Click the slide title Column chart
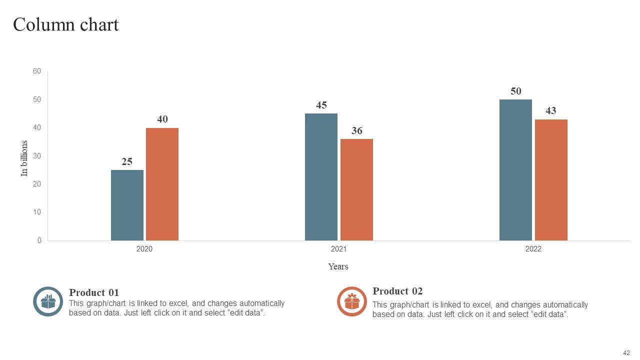tap(65, 24)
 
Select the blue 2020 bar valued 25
tap(127, 205)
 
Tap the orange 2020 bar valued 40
tap(162, 184)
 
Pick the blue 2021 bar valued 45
tap(321, 177)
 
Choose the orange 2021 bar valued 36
tap(356, 189)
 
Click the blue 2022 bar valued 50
tap(515, 170)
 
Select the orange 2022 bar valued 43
tap(551, 180)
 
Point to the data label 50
tap(515, 91)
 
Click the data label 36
tap(356, 131)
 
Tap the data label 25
tap(127, 161)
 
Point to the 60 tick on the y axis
tap(37, 71)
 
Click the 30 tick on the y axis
tap(37, 156)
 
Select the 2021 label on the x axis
tap(338, 249)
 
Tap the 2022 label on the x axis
tap(533, 249)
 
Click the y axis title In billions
tap(24, 158)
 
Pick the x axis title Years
tap(338, 266)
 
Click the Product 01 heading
tap(94, 292)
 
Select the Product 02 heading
tap(397, 291)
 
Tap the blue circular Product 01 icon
tap(48, 301)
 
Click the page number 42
tap(626, 352)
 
